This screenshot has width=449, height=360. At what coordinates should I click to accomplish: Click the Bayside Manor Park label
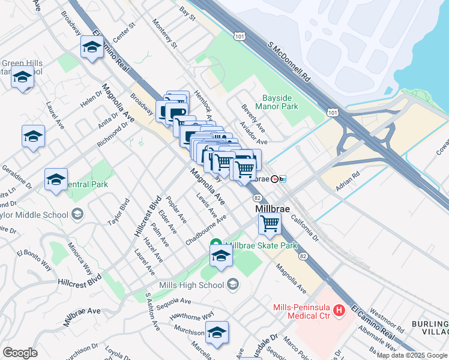point(280,102)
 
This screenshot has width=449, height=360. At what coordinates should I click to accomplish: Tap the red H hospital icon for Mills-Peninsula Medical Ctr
point(339,310)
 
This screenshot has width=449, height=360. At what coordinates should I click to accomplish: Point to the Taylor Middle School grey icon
point(77,214)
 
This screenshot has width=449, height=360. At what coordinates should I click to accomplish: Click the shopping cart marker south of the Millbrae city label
point(270,224)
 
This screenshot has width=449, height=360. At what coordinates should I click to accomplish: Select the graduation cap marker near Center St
point(91,47)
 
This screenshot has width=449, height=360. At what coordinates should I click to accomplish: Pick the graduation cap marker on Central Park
point(56,179)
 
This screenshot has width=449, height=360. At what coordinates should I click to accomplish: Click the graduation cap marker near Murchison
point(217,333)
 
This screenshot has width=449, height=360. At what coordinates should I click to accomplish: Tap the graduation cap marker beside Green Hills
point(23,78)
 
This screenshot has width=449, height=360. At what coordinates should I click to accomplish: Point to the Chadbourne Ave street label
point(206,230)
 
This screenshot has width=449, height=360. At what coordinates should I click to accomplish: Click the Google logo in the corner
point(20,353)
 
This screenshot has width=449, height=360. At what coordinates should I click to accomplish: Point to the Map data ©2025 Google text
point(412,355)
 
